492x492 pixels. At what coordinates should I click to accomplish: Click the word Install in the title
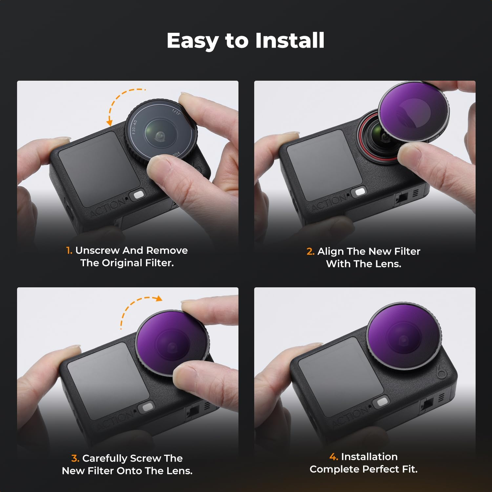pos(290,41)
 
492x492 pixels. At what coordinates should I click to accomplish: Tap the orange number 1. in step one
pos(69,251)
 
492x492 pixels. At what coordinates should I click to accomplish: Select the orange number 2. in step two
pos(310,252)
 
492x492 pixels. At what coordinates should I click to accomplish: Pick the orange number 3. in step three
pos(75,458)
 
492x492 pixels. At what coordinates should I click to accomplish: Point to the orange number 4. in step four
pos(334,457)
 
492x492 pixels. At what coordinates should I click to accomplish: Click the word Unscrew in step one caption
pos(97,251)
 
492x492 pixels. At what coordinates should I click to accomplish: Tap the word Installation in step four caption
pos(369,457)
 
